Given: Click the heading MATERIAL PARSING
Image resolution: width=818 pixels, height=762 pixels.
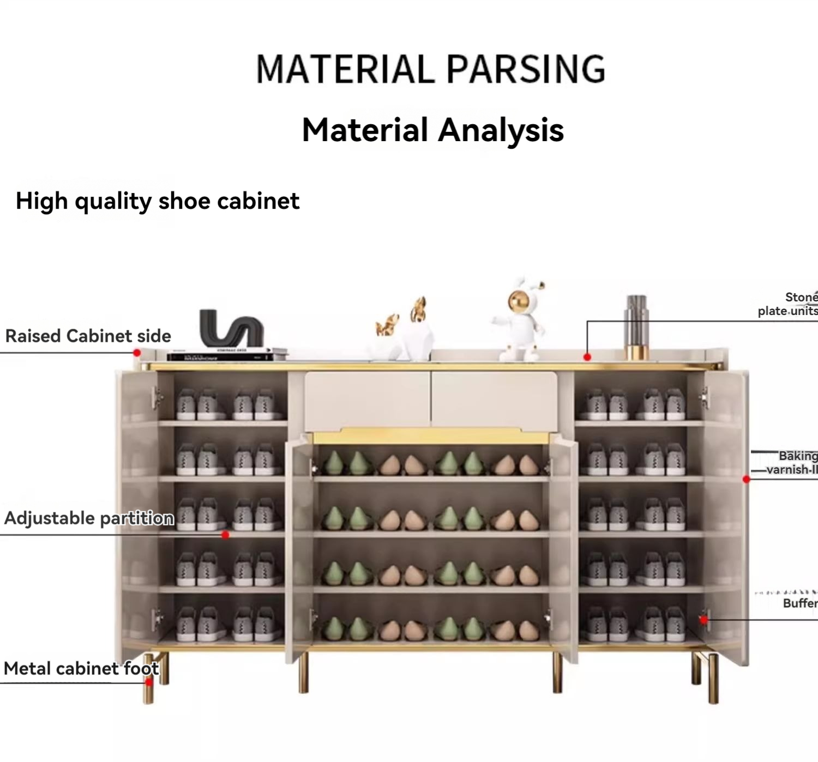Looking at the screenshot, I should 430,69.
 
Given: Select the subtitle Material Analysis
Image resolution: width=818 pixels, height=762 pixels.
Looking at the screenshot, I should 432,130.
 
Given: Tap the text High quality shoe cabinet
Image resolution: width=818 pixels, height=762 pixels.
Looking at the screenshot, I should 157,201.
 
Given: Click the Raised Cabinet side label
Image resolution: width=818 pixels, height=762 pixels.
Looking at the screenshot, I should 88,336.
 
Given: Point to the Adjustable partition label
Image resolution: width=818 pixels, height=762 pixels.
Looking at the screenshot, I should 89,518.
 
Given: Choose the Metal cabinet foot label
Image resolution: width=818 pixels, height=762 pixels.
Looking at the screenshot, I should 81,668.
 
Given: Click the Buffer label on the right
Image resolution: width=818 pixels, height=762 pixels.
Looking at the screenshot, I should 800,603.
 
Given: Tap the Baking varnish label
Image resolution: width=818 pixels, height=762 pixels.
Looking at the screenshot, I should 794,462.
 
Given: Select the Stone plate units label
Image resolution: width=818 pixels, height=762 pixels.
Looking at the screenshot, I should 789,304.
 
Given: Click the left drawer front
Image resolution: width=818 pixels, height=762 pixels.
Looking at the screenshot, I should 367,401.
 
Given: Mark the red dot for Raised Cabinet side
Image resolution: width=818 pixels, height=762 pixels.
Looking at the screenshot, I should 137,353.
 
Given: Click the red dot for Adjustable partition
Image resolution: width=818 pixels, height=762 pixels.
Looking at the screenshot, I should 225,535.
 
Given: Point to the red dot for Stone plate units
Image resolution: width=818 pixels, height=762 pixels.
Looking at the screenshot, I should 587,357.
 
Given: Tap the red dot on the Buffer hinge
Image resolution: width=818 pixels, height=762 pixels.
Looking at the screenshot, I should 703,619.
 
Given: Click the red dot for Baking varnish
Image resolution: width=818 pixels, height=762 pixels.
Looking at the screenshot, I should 747,479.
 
